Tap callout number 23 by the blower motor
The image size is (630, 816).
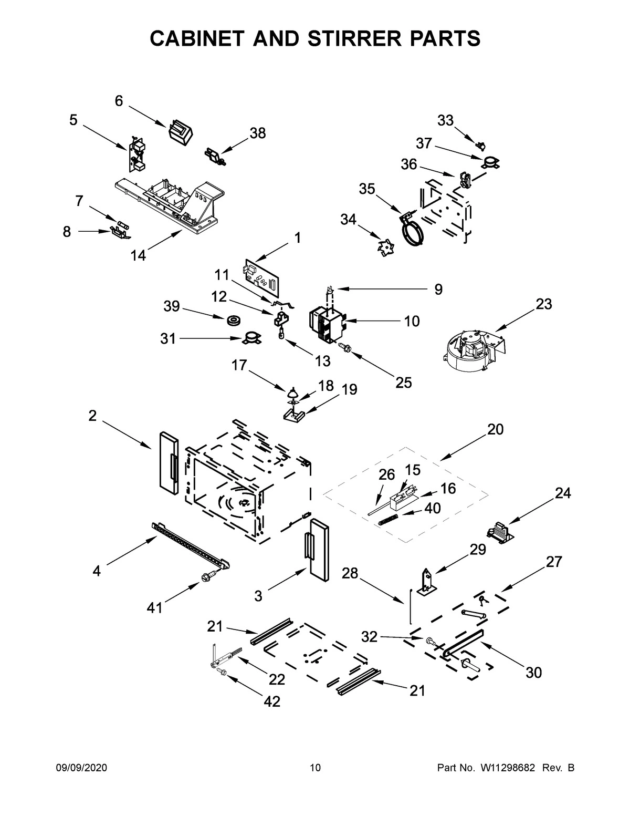544,304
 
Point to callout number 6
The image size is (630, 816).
119,101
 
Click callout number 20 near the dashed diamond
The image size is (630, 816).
495,429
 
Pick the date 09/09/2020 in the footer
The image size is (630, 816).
81,768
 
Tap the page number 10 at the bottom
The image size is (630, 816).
315,768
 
